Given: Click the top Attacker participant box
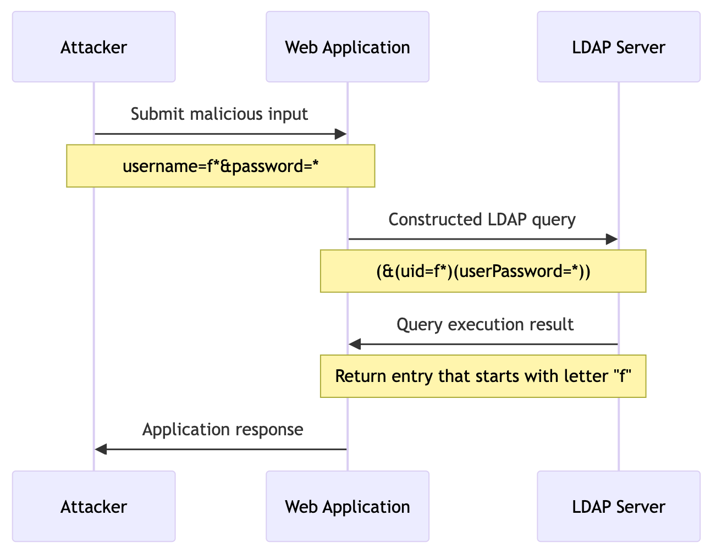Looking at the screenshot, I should [x=93, y=47].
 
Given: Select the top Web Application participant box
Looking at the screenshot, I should [x=347, y=47].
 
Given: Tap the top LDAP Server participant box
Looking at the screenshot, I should [x=618, y=47].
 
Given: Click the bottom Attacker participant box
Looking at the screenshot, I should [x=93, y=506].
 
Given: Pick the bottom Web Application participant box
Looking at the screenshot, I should [x=347, y=506].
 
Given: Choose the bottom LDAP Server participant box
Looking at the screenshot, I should [x=618, y=506].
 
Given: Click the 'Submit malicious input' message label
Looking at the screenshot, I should [x=219, y=114].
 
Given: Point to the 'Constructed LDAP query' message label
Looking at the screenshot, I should [x=482, y=220].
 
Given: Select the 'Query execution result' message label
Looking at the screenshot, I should [x=484, y=325].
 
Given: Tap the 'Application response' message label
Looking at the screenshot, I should [x=222, y=430].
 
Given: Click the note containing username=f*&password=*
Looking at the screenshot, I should [x=221, y=166].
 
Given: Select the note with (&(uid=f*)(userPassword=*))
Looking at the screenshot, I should [x=483, y=271].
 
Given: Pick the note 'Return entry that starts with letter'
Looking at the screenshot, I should [x=483, y=376].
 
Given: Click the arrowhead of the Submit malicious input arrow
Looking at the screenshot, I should [x=340, y=134].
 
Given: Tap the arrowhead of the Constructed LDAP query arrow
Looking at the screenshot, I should [x=612, y=239].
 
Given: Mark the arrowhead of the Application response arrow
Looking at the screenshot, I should [x=101, y=450].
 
